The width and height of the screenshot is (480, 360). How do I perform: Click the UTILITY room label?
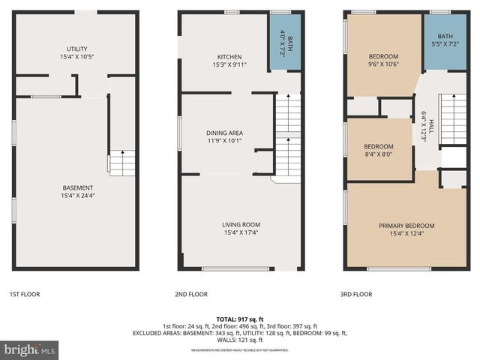tap(76, 49)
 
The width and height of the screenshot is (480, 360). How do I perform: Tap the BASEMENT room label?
tap(76, 187)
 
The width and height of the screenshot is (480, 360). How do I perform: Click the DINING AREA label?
tap(225, 133)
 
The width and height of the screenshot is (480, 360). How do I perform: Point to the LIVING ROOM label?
tap(241, 224)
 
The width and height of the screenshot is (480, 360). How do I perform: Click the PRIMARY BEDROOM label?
tap(406, 225)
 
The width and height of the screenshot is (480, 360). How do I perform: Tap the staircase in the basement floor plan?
tap(122, 162)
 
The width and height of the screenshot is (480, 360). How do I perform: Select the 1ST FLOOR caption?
tap(24, 295)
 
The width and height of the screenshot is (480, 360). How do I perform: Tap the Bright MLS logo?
tap(29, 349)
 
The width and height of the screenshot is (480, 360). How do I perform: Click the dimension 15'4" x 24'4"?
tap(76, 196)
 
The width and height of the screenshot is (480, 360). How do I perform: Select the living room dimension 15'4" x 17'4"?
tap(241, 232)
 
